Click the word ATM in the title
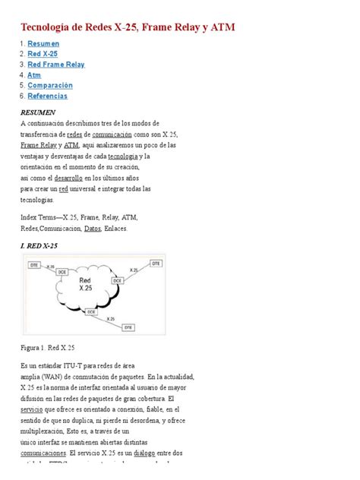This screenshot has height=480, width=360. click(x=221, y=28)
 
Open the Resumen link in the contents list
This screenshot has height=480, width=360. click(x=43, y=43)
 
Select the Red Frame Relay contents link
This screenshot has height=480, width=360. click(x=55, y=65)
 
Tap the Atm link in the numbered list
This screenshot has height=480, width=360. click(x=34, y=75)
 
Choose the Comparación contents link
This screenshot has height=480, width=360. click(x=50, y=86)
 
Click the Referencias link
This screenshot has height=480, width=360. click(x=47, y=96)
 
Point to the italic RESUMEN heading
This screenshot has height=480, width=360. click(x=38, y=112)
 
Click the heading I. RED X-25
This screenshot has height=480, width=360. click(x=41, y=245)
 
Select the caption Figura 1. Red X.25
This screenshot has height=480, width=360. click(x=48, y=347)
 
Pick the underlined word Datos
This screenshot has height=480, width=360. click(x=93, y=228)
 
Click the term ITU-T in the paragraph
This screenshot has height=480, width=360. click(x=77, y=365)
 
